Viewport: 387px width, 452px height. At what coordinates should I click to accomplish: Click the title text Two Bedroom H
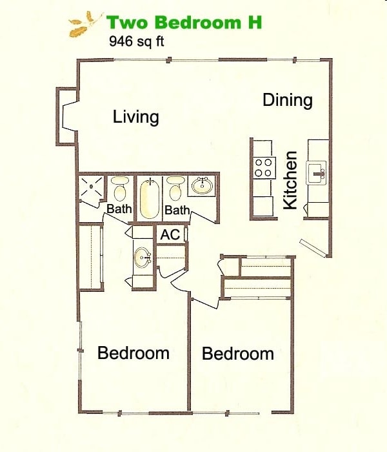[x=184, y=22]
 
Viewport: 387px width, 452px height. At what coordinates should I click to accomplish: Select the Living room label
[x=135, y=117]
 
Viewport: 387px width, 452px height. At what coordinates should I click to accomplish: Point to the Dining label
[x=288, y=100]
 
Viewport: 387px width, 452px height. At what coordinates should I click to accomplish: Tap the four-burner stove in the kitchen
[x=263, y=168]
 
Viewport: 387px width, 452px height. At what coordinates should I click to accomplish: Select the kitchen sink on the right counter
[x=317, y=172]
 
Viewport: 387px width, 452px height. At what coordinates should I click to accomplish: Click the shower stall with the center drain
[x=92, y=187]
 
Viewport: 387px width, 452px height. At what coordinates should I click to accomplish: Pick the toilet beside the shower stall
[x=119, y=189]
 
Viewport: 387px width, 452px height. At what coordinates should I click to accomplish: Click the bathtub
[x=149, y=198]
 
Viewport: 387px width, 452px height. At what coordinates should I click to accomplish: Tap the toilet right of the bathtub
[x=175, y=189]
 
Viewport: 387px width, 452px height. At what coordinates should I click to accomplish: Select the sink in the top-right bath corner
[x=202, y=187]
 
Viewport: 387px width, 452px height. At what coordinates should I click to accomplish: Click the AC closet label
[x=170, y=234]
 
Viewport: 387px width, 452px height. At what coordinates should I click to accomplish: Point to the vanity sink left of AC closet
[x=143, y=260]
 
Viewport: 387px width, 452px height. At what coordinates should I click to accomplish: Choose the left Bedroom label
[x=134, y=353]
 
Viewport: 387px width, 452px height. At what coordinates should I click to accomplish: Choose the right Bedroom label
[x=238, y=354]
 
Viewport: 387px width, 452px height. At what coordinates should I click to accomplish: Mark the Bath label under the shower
[x=119, y=209]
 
